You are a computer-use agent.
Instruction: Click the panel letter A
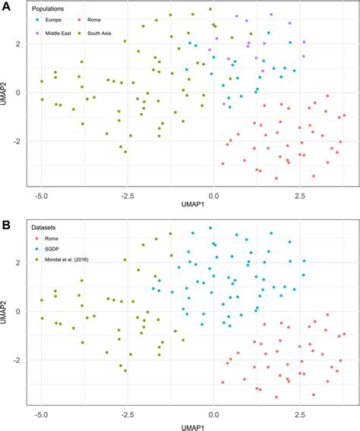coord(5,7)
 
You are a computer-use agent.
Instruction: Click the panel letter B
coord(5,225)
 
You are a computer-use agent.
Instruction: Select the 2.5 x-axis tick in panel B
coord(301,414)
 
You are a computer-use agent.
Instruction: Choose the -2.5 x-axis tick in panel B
coord(128,414)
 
